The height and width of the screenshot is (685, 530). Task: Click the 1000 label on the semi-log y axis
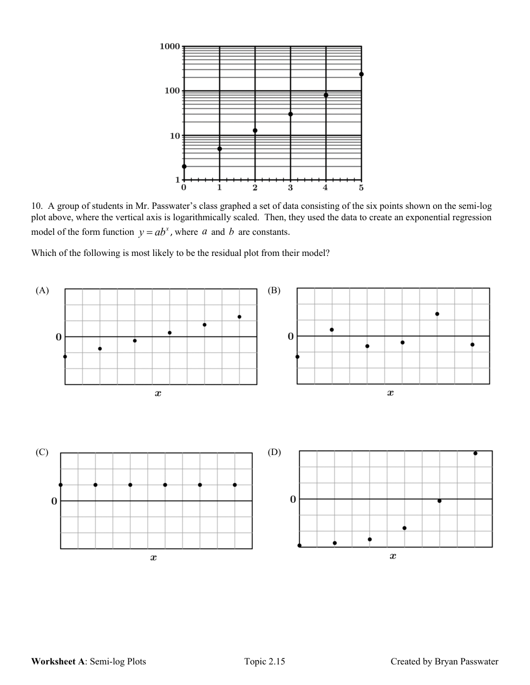169,47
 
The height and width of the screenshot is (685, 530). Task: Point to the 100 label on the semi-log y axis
172,91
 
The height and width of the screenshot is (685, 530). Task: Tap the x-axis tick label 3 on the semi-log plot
290,188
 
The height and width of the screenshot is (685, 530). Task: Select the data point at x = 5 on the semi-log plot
361,74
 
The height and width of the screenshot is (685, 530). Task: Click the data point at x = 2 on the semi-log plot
255,130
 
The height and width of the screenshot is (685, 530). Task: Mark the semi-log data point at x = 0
184,166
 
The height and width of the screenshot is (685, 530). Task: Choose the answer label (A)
42,291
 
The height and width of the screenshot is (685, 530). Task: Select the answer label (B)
274,291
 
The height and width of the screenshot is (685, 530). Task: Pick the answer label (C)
42,452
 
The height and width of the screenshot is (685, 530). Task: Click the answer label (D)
274,452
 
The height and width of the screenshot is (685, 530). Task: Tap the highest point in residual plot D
475,453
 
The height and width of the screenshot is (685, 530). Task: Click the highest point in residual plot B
437,314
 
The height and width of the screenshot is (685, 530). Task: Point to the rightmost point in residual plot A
239,317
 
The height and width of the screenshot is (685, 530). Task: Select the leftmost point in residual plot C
61,485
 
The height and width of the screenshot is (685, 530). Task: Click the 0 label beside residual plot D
293,499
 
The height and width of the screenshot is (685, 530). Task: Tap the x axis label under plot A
158,393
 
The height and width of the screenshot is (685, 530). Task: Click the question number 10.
36,206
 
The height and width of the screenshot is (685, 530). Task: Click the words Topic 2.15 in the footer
264,661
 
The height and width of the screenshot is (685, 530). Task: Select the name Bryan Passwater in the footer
466,661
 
